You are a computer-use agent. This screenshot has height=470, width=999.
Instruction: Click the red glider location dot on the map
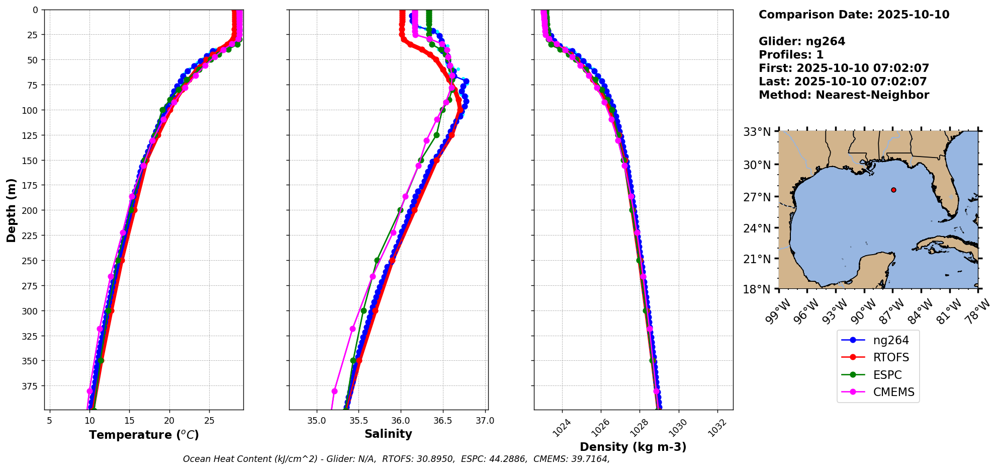pyautogui.click(x=893, y=190)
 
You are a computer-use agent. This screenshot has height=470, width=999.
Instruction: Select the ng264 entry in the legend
pyautogui.click(x=890, y=340)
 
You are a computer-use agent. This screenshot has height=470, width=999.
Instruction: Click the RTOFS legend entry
pyautogui.click(x=890, y=358)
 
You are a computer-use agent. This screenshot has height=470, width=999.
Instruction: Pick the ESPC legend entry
pyautogui.click(x=887, y=375)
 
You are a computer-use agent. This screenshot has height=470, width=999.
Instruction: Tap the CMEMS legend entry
pyautogui.click(x=893, y=393)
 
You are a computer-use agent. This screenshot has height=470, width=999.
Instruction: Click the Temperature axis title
pyautogui.click(x=144, y=435)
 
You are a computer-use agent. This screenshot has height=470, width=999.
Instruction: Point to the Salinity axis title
pyautogui.click(x=388, y=434)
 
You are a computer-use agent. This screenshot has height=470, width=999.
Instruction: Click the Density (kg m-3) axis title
pyautogui.click(x=633, y=447)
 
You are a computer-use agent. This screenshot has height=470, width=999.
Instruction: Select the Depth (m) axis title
pyautogui.click(x=11, y=210)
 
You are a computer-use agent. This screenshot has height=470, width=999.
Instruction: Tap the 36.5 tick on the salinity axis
pyautogui.click(x=442, y=421)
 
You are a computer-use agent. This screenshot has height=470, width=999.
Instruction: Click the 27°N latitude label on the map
pyautogui.click(x=757, y=197)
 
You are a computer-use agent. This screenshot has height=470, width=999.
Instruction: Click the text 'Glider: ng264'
pyautogui.click(x=801, y=41)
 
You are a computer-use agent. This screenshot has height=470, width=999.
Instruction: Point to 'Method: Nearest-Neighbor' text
pyautogui.click(x=844, y=95)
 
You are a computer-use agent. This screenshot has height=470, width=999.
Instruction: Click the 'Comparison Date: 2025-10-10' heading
pyautogui.click(x=854, y=15)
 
